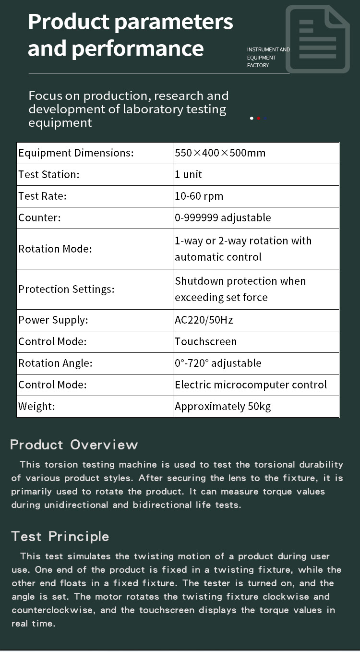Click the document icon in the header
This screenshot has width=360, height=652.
coord(317,39)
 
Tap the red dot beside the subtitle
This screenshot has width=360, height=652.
coord(259,118)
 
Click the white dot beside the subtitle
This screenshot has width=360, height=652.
coord(252,118)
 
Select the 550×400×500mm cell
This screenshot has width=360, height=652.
coord(220,153)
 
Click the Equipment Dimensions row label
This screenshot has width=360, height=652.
coord(76,153)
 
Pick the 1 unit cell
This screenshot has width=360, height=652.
coord(189,175)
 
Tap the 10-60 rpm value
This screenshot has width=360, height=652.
coord(199,196)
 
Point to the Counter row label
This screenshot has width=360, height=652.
coord(40,218)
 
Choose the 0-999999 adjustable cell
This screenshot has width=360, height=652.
coord(223,218)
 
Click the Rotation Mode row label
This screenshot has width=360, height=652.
coord(55,249)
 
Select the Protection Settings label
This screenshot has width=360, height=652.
coord(67,289)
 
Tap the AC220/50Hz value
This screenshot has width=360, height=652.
coord(204,320)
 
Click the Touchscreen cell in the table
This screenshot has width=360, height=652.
coord(206,342)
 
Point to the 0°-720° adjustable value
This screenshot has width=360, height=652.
coord(218,363)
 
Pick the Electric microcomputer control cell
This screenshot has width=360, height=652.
coord(251,385)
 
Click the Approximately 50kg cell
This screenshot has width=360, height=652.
coord(223,407)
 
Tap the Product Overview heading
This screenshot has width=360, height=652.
coord(74,445)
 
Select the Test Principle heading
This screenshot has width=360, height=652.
coord(60,536)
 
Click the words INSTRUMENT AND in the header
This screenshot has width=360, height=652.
coord(268,50)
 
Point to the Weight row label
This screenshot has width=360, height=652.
coord(37,407)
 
